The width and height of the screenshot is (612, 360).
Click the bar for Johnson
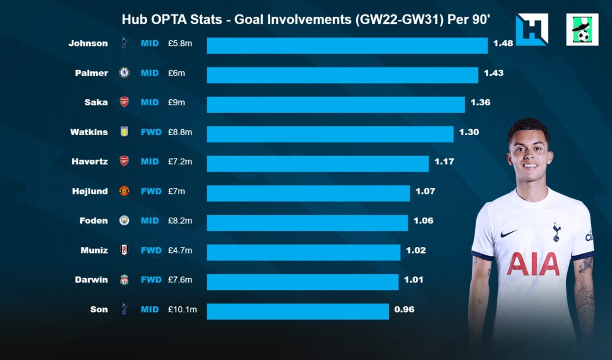point(347,45)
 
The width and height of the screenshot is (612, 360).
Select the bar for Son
point(298,311)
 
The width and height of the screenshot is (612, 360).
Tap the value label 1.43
point(494,73)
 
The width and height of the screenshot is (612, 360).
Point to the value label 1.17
point(444,161)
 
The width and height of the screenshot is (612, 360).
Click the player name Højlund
point(88,191)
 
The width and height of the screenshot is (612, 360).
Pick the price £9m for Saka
point(176,102)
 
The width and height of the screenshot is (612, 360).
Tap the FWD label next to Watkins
point(151,132)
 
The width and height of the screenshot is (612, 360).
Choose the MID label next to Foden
point(150,221)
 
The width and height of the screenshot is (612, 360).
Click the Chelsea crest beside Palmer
point(124,73)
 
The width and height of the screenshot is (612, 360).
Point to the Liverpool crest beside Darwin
point(124,280)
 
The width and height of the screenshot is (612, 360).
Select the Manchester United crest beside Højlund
point(124,191)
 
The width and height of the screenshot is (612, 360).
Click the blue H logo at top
point(531,29)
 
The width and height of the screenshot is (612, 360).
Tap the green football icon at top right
point(582,29)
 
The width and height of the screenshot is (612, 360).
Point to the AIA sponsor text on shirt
point(533,264)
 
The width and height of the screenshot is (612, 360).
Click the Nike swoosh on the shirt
point(509,233)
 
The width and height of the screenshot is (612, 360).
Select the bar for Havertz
point(317,163)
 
